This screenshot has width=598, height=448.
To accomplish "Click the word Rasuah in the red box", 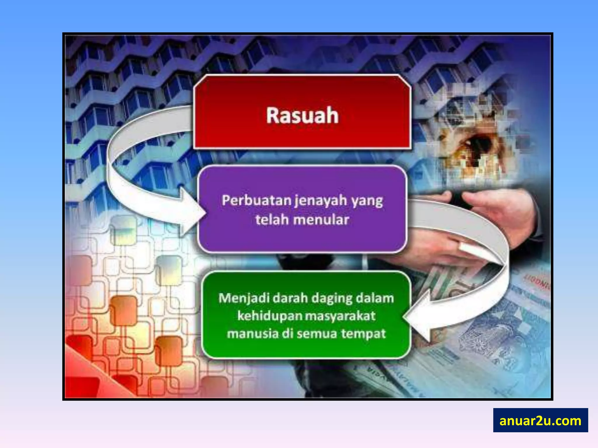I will click(x=302, y=116).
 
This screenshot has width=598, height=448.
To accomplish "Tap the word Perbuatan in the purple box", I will click(x=257, y=201).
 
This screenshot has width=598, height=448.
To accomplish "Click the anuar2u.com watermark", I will click(x=540, y=420).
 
